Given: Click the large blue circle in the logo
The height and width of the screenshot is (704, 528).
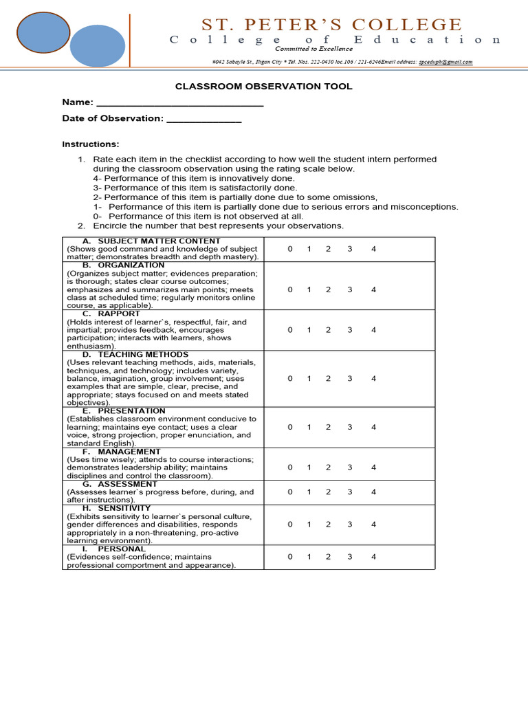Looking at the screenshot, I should coord(97,46).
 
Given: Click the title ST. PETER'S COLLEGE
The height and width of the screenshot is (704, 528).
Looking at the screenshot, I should coord(331,25).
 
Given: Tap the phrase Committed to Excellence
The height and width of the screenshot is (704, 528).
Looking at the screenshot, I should coord(314,49).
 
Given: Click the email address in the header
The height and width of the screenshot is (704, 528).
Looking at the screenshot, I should coord(445,62).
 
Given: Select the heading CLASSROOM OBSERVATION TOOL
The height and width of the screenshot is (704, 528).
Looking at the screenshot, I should coord(264,87).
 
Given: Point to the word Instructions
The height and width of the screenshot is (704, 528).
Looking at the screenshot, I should coord(91,144).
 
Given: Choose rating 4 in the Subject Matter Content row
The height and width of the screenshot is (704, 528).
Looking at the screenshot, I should coord(373,249).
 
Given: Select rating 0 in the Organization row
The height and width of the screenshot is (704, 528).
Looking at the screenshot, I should coord(290,289).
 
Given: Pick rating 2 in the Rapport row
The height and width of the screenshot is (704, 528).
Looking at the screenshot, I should coord(328,330).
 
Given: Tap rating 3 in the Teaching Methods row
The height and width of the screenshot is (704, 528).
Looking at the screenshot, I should coord(349,378).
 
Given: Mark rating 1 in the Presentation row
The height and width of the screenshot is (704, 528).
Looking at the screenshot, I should coord(309,427).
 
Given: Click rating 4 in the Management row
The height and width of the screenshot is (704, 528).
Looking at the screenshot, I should coord(373,467).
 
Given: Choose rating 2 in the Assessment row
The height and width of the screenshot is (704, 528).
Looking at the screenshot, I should coord(328,492).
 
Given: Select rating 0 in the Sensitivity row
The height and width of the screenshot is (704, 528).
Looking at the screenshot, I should coord(290,525).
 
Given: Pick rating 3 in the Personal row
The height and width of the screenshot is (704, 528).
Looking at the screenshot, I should coord(349,557).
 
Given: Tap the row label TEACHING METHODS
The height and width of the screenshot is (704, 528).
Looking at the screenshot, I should coord(143,355).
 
